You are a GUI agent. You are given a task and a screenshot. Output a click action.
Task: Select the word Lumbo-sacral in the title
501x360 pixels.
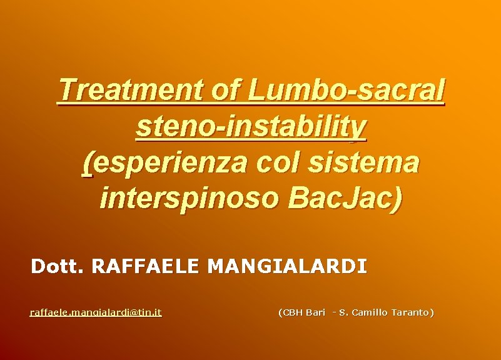[347, 91]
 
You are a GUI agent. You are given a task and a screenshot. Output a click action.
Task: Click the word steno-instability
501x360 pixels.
[251, 127]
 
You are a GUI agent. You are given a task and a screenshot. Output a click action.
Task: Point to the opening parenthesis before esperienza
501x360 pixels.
[87, 164]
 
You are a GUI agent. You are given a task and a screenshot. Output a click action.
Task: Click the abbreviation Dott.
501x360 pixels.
[58, 267]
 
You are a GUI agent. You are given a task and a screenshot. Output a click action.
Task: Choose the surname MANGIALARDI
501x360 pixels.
[287, 267]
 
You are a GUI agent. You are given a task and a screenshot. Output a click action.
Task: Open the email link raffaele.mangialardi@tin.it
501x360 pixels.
[96, 312]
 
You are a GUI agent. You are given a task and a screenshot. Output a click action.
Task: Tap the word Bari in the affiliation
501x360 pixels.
[316, 312]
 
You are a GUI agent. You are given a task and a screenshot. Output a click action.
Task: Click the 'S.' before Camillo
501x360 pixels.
[343, 312]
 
